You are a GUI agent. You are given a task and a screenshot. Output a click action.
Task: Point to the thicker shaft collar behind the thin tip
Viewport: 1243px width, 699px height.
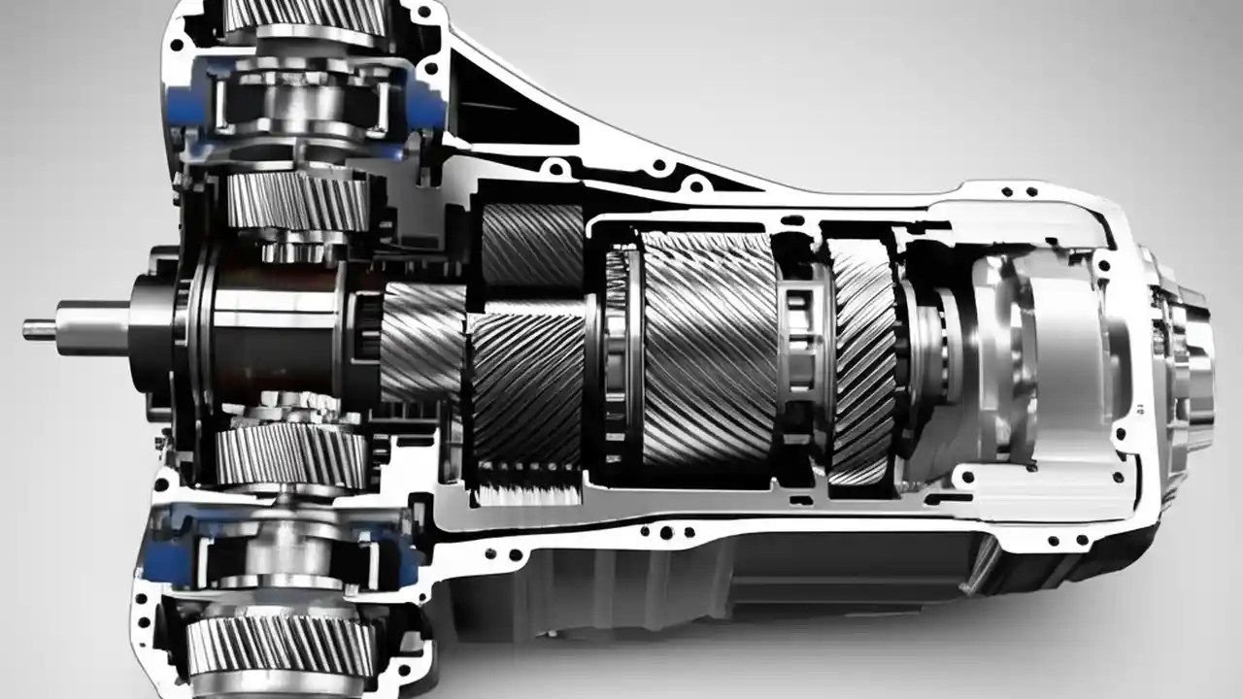click(x=92, y=327)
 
